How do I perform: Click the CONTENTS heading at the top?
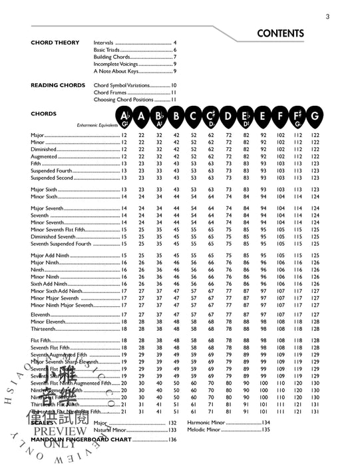point(279,33)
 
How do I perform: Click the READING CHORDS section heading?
point(58,85)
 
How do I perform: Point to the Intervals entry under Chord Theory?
point(104,43)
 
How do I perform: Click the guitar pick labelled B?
point(176,118)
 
